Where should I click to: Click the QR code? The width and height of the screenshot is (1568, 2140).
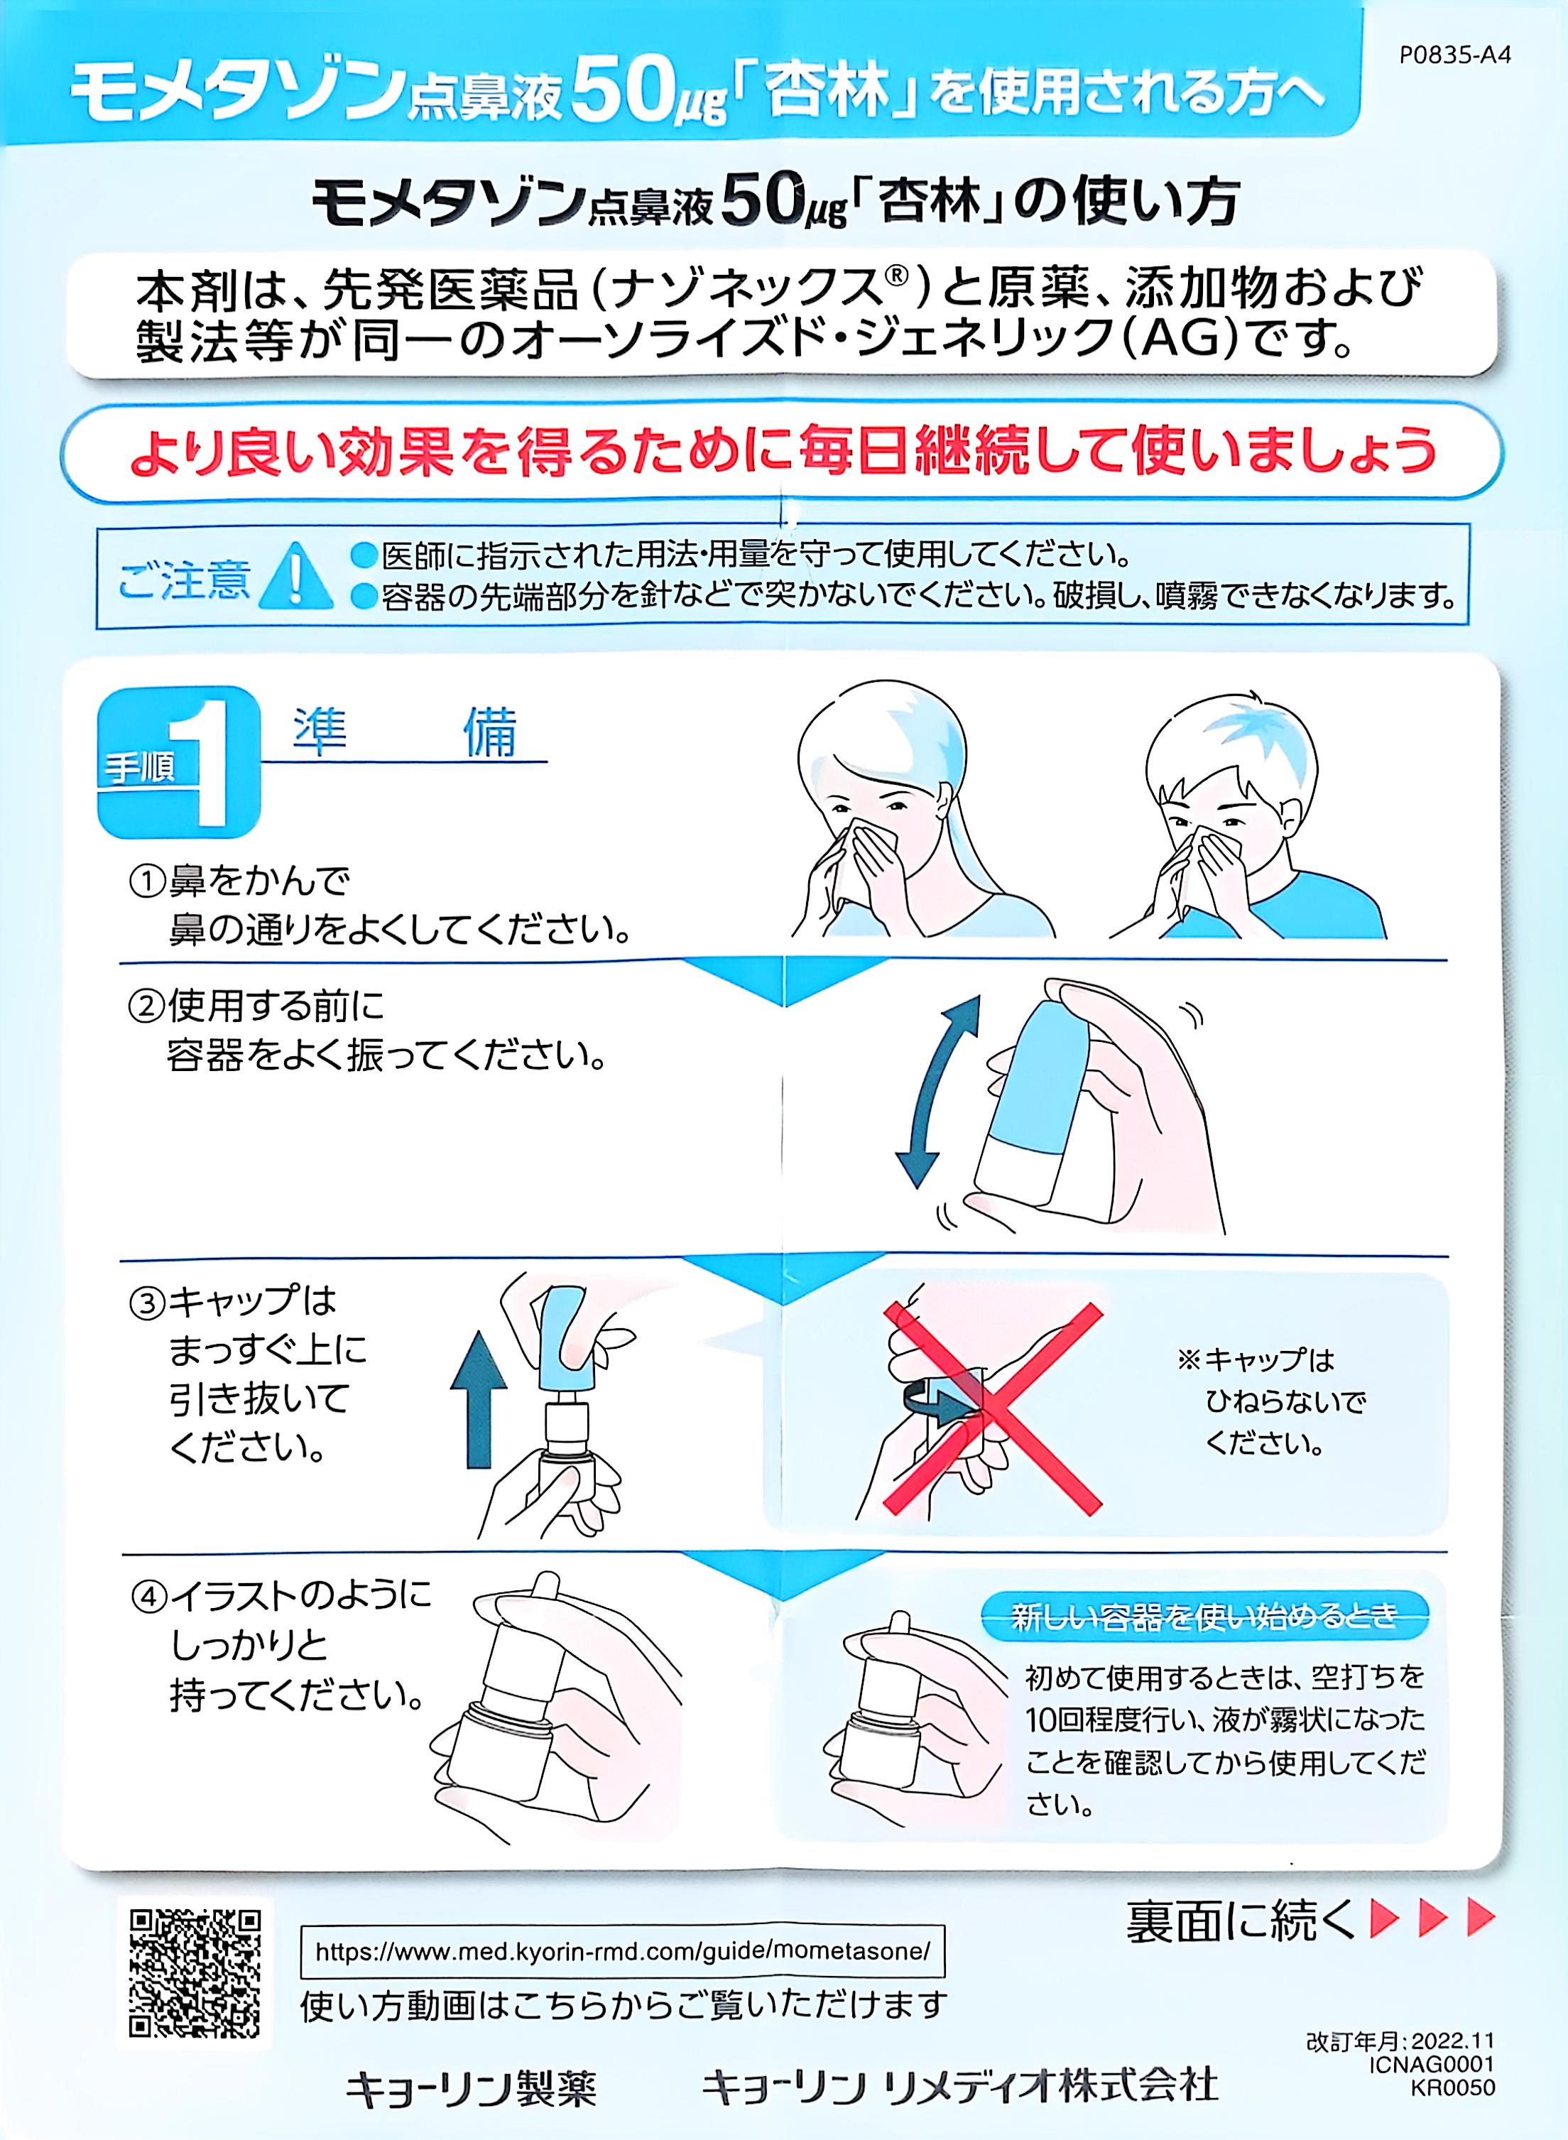[195, 1972]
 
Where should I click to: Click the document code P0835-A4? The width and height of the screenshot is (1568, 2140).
[1455, 54]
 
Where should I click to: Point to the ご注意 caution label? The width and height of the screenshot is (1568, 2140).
[184, 578]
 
